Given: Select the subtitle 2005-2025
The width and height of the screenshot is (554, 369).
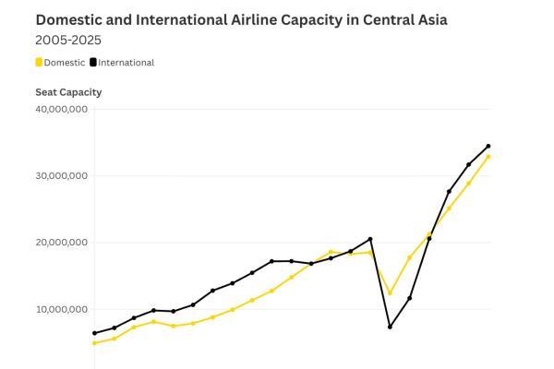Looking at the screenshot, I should click(68, 41).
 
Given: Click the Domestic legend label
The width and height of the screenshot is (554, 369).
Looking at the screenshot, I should click(65, 63).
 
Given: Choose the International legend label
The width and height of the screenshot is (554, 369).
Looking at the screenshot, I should click(126, 63).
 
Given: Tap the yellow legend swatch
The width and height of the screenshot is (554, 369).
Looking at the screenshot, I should click(39, 63).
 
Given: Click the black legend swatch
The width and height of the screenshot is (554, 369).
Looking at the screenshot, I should click(93, 63).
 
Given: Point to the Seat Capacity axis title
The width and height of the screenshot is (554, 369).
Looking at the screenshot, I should click(68, 92).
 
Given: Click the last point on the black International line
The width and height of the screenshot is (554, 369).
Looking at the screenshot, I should click(488, 146).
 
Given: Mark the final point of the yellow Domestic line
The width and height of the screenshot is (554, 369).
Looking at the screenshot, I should click(488, 157).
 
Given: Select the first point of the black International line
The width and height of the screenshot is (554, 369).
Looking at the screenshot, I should click(94, 333).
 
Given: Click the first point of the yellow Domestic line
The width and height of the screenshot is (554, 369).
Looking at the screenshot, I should click(94, 343).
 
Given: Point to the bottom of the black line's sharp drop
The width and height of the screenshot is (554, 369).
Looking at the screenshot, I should click(390, 327).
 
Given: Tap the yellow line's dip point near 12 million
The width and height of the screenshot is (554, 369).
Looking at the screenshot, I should click(390, 293).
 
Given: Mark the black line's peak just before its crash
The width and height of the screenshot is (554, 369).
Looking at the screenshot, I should click(370, 239).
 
